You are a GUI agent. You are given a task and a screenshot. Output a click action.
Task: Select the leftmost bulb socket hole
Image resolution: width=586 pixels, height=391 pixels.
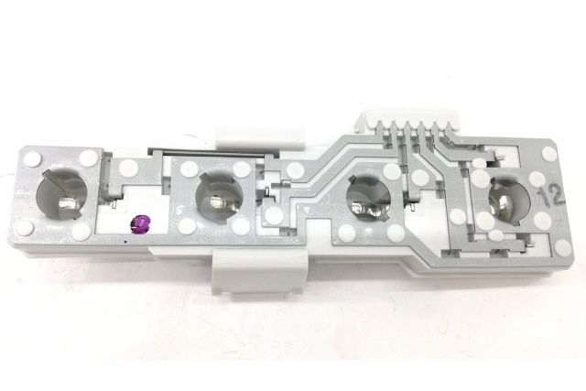[62, 194]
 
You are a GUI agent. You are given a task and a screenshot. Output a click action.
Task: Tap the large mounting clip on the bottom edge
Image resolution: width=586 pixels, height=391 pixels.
[260, 274]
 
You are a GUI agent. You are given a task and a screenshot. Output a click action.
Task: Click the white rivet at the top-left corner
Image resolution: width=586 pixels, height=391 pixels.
[33, 159]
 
